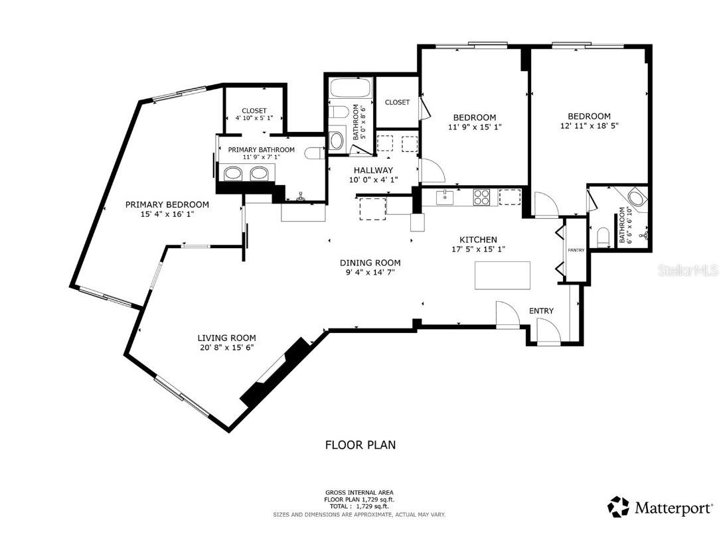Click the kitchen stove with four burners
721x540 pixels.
click(x=481, y=196)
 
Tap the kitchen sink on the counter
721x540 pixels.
click(x=445, y=197)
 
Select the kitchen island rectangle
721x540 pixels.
click(x=503, y=275)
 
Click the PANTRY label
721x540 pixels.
click(x=576, y=250)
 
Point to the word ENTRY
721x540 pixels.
click(x=541, y=310)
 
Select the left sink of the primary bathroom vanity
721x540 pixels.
click(x=234, y=174)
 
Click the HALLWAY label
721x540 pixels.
click(x=372, y=170)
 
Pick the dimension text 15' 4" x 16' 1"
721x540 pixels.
click(x=167, y=214)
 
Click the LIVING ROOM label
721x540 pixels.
click(x=226, y=338)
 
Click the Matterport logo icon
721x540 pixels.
click(x=618, y=507)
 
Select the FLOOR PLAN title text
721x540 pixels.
click(x=360, y=444)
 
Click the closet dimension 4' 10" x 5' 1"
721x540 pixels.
click(x=254, y=118)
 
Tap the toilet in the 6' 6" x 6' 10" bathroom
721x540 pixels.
click(x=603, y=237)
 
